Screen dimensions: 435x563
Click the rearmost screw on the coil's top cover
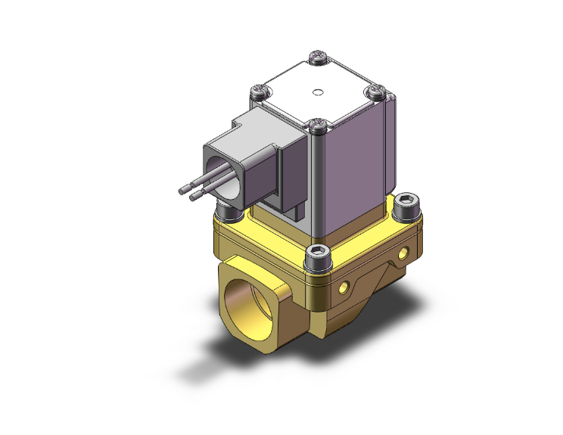pos(319,56)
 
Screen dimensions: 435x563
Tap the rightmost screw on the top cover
pos(376,91)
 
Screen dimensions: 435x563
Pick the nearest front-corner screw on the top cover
pos(319,124)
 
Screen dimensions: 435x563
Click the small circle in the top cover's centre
pos(318,94)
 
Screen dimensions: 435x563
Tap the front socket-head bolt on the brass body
pos(319,256)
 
